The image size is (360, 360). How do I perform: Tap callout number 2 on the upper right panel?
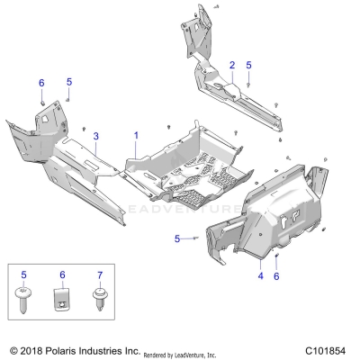[231, 65]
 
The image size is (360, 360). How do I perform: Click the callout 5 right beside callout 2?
[249, 65]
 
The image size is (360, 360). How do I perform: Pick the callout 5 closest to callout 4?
[178, 238]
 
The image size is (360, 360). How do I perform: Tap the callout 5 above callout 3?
[69, 82]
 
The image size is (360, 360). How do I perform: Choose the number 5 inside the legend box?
[23, 274]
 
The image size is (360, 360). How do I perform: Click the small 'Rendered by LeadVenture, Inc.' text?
[186, 351]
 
